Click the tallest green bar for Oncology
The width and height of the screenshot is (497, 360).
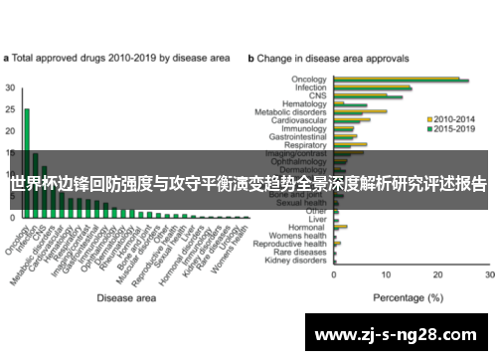[x=27, y=159]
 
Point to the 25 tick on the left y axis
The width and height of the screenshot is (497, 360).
[x=11, y=109]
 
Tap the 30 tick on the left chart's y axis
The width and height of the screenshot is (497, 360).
[x=11, y=88]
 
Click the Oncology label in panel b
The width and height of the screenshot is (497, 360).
[x=309, y=79]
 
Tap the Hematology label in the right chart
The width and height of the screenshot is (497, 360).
[x=304, y=102]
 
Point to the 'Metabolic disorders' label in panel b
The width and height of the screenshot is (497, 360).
[x=293, y=111]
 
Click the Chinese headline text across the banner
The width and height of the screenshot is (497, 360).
[x=248, y=184]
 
